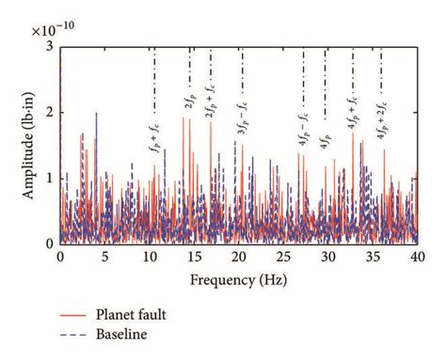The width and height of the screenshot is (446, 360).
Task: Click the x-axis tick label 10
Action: pos(149,257)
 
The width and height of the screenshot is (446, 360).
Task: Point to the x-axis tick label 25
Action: pos(282,257)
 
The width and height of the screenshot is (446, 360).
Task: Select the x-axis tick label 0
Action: pos(60,257)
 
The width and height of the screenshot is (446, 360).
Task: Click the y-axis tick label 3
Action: pos(49,47)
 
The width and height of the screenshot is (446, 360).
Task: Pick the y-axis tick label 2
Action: pos(49,113)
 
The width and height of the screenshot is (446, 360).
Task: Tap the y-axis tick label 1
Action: pos(49,179)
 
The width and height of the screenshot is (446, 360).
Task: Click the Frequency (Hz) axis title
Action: pos(238,279)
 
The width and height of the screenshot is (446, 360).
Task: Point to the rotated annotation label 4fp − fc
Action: pos(303,126)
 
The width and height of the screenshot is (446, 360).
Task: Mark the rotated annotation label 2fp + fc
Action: pos(211,116)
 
